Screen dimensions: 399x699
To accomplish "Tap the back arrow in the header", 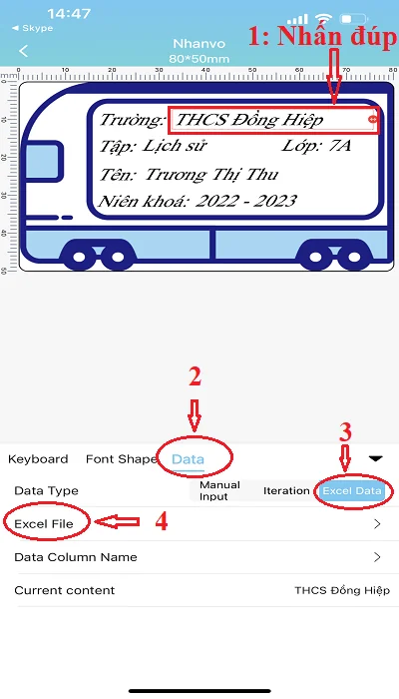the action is coord(24,51).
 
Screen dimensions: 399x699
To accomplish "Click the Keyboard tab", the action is coord(38,459).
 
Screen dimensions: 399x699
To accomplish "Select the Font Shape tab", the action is coord(121,459).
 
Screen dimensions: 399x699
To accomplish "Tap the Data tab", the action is coord(188,459).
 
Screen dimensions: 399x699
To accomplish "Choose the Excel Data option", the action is coord(352,491).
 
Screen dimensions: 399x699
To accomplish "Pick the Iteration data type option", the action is coord(286,491).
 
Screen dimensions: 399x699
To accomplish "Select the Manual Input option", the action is coord(219,490).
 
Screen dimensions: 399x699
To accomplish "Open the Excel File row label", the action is coord(44,524).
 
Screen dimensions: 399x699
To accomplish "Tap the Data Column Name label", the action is coord(76,557).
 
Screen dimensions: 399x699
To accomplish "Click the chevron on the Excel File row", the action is coord(378,524).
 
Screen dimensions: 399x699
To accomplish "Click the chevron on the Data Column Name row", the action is coord(378,557).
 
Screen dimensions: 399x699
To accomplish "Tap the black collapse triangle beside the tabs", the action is coord(376,458).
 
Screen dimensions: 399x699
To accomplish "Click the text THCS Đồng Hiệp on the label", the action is coord(249,120).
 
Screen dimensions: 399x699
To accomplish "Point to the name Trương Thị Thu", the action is coord(211,174).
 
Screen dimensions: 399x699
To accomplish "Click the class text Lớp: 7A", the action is coord(316,146).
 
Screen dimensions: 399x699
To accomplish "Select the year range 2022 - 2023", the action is coord(245,201).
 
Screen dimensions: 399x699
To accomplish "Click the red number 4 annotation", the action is coord(162,521).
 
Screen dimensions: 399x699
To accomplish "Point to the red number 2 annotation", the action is coord(195,377).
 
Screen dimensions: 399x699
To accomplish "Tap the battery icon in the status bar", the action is coord(353,19).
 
